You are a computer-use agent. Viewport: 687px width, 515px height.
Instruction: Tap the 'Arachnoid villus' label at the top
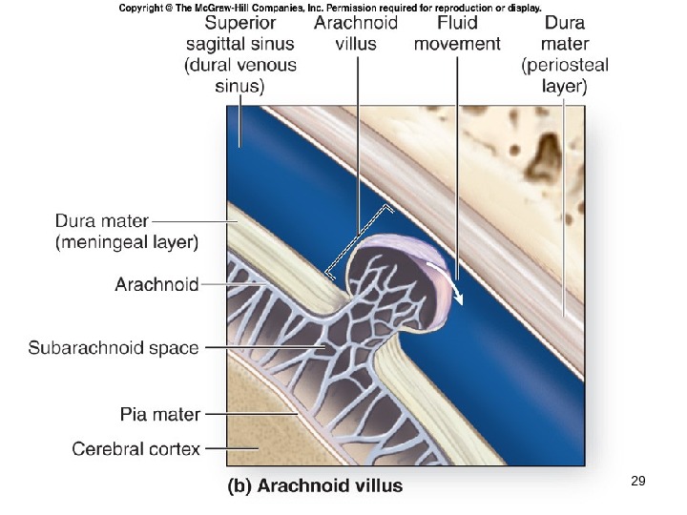(x=355, y=32)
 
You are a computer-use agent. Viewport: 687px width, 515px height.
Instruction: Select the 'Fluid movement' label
(x=457, y=32)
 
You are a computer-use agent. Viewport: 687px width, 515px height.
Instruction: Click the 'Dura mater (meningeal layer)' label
(x=126, y=232)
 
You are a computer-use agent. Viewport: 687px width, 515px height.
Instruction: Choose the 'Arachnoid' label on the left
(x=156, y=284)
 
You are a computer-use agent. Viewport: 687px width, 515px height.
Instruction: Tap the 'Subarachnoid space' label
(x=114, y=347)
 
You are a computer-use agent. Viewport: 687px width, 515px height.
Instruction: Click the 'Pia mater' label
(x=160, y=415)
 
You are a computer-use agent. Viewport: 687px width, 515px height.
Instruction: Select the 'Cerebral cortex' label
(x=136, y=448)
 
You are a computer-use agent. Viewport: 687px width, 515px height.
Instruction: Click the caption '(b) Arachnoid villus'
(x=314, y=485)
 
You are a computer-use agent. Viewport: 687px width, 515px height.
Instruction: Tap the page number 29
(x=638, y=482)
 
